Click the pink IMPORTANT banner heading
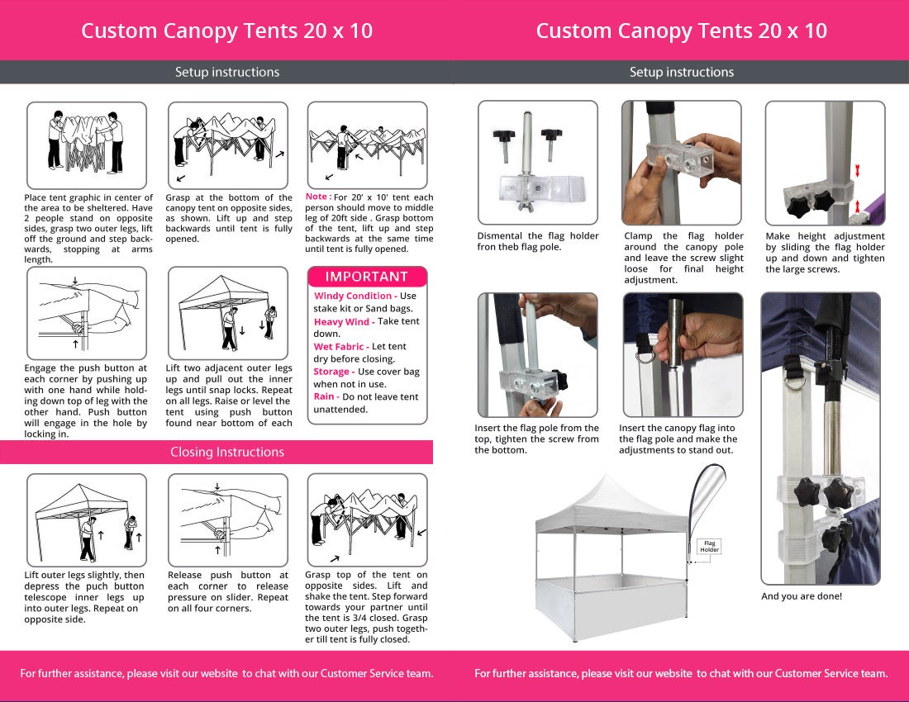point(366,277)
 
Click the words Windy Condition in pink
point(353,296)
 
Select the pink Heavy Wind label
point(341,321)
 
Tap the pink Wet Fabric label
point(339,346)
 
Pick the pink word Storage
point(331,372)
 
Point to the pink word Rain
point(323,396)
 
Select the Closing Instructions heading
point(227,452)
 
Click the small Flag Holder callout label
point(710,546)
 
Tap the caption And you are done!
point(802,596)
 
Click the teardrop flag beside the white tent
point(703,503)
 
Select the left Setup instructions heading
point(227,73)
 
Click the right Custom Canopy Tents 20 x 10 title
point(681,31)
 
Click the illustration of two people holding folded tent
point(86,143)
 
